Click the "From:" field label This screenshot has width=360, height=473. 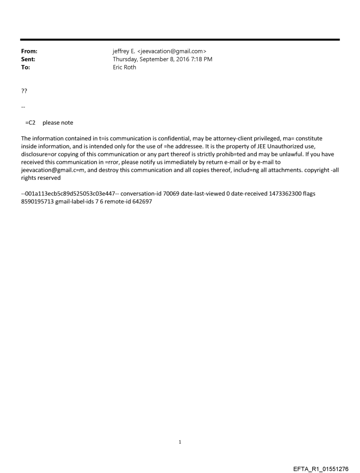click(29, 52)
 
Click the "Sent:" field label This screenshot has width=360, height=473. click(28, 60)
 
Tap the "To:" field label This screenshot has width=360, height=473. click(26, 67)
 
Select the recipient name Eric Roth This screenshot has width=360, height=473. click(124, 67)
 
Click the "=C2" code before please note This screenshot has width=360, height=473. click(30, 123)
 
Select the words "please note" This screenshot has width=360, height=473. click(58, 123)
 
